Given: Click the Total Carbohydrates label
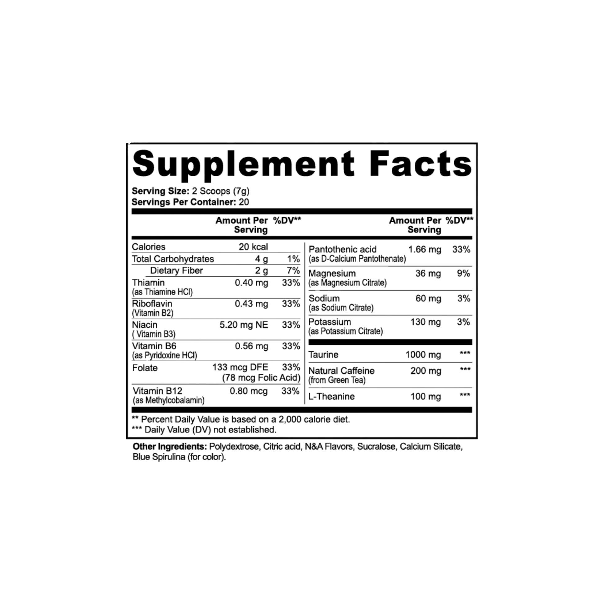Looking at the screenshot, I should pyautogui.click(x=174, y=259).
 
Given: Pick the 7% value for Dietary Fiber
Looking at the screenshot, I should pyautogui.click(x=294, y=271).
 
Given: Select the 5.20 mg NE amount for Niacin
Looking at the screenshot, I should pyautogui.click(x=244, y=326).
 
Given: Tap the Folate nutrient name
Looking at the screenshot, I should pyautogui.click(x=145, y=368).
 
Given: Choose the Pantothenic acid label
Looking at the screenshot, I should pyautogui.click(x=343, y=250).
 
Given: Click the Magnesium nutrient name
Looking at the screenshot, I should pyautogui.click(x=332, y=274).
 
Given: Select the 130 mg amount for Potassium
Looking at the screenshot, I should pyautogui.click(x=426, y=322).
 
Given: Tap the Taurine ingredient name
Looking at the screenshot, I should pyautogui.click(x=323, y=355).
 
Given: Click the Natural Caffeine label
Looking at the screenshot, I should pyautogui.click(x=341, y=371).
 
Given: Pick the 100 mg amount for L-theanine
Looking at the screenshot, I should pyautogui.click(x=426, y=397).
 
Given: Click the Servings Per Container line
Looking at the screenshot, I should pyautogui.click(x=190, y=202).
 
